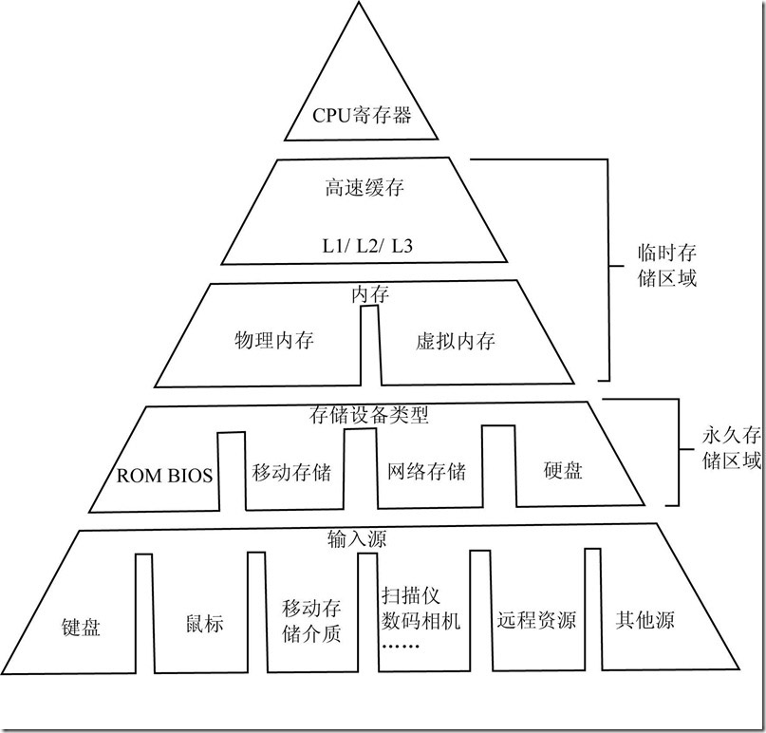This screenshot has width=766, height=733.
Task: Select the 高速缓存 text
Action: pyautogui.click(x=364, y=187)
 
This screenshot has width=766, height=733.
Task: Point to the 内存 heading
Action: pyautogui.click(x=370, y=295)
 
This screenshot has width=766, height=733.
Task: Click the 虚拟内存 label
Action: pyautogui.click(x=456, y=340)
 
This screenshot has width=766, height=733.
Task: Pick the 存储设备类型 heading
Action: pyautogui.click(x=371, y=415)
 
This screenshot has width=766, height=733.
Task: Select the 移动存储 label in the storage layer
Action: pyautogui.click(x=291, y=471)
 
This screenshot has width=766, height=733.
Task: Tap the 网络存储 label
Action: pyautogui.click(x=427, y=471)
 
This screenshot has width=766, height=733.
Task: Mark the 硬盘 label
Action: pyautogui.click(x=563, y=471)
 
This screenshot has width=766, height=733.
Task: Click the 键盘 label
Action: pyautogui.click(x=81, y=626)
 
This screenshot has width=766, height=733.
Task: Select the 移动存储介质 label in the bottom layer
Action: pyautogui.click(x=311, y=620)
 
